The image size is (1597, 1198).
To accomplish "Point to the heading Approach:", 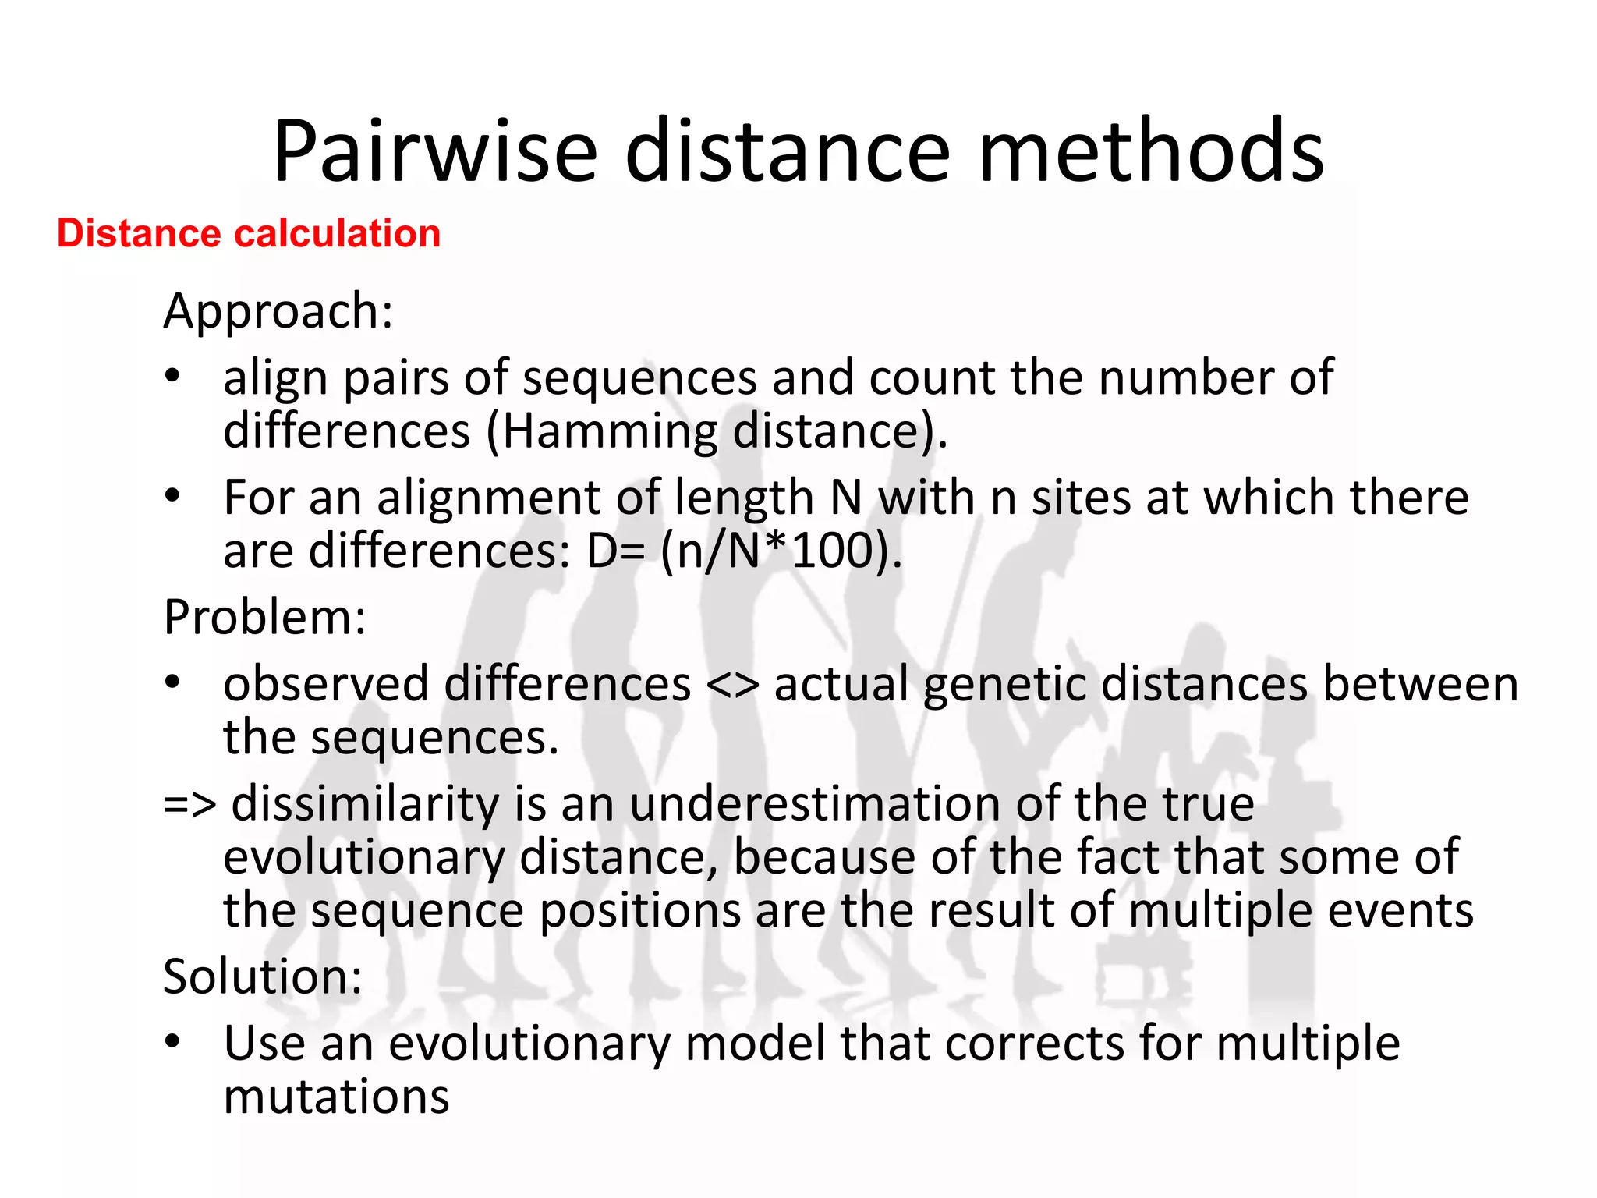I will pos(278,311).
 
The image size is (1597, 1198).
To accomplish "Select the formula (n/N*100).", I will pos(781,551).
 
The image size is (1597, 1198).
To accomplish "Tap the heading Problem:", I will pos(265,617).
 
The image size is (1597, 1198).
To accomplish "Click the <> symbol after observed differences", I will pos(732,685).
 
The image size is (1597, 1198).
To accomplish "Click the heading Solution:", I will pos(263,976).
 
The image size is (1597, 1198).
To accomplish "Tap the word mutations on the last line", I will pos(336,1096).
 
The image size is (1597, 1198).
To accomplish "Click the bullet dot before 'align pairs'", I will pos(172,377).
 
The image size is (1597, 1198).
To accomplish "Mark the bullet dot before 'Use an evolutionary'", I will pos(172,1041).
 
